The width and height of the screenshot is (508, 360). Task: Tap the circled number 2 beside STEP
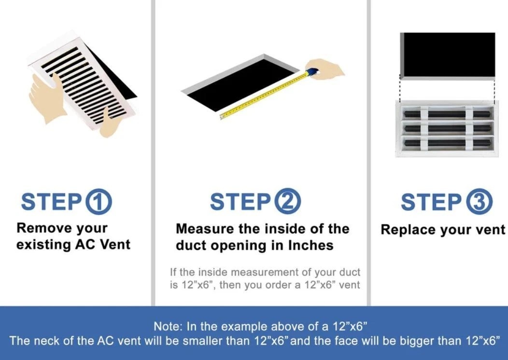click(x=288, y=201)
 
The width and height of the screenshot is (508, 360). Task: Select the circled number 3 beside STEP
click(x=479, y=202)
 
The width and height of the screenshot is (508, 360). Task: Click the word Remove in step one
click(x=44, y=228)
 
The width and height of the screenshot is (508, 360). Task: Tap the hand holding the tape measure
click(x=325, y=68)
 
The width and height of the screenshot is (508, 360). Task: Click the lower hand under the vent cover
click(x=109, y=125)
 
